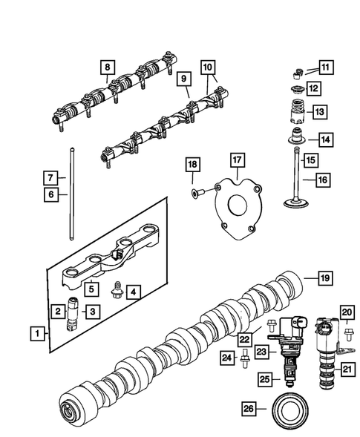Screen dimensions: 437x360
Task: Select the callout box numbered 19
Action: pos(324,278)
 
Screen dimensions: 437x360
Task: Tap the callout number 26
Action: pos(250,408)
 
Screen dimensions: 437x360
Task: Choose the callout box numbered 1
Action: pos(34,335)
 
